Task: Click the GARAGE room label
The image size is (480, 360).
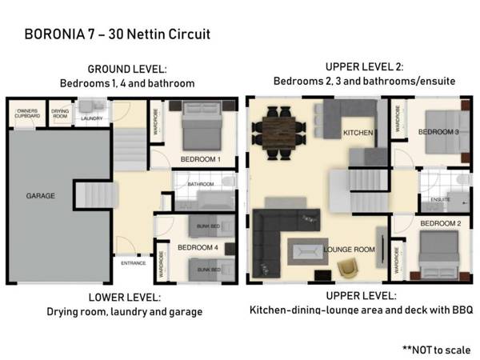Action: [40, 194]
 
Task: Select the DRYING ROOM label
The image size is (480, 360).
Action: [61, 114]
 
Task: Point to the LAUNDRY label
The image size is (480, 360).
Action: [91, 119]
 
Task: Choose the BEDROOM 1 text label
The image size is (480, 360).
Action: [200, 160]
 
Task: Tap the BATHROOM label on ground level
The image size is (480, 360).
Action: [200, 185]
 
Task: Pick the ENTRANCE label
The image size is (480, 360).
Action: [133, 263]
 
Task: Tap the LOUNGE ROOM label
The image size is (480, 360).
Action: [350, 250]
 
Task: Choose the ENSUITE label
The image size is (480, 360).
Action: [440, 198]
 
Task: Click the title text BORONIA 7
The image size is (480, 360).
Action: [58, 34]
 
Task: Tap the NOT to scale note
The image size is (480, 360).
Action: [436, 350]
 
